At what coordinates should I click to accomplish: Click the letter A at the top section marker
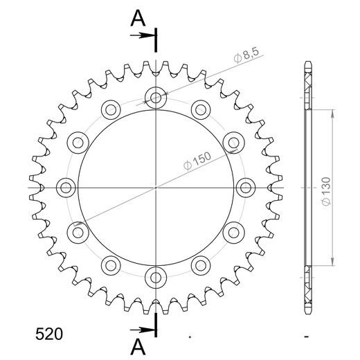coord(139,19)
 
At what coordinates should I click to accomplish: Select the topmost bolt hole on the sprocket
coord(155,97)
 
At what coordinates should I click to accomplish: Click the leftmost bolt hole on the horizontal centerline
coord(66,187)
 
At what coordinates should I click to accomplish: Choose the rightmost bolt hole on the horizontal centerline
coord(245,187)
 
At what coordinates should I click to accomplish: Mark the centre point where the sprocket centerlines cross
coord(156,187)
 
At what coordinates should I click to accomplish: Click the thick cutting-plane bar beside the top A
coord(158,40)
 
